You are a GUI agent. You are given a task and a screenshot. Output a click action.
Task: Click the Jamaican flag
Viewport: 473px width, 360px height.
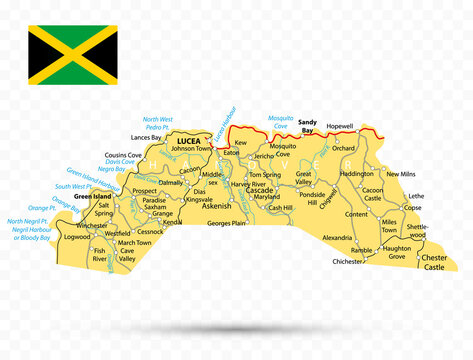point(72,55)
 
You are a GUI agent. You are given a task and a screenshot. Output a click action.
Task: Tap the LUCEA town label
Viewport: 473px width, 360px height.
point(188,141)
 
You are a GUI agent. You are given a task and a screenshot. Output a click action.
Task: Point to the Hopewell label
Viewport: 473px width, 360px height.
point(340,128)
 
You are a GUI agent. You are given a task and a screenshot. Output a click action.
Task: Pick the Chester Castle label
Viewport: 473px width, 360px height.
point(434,262)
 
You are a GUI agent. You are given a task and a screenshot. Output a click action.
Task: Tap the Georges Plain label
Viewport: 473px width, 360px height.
point(226,224)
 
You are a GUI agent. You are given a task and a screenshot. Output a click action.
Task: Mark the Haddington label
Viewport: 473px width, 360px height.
point(357,173)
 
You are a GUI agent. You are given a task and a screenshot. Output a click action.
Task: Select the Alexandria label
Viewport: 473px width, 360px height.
point(337,238)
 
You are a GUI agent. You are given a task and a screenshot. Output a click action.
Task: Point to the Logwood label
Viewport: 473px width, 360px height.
point(76,238)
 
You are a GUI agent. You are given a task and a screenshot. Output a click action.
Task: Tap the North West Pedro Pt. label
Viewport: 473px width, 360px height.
point(157,123)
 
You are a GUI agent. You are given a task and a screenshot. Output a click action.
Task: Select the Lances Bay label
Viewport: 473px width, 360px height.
point(146,137)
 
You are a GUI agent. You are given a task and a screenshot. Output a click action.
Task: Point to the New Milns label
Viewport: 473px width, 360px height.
point(400,174)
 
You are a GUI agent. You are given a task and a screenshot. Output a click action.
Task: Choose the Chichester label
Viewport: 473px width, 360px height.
point(348,261)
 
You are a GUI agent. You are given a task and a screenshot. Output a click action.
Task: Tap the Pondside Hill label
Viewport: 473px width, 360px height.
point(313,198)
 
